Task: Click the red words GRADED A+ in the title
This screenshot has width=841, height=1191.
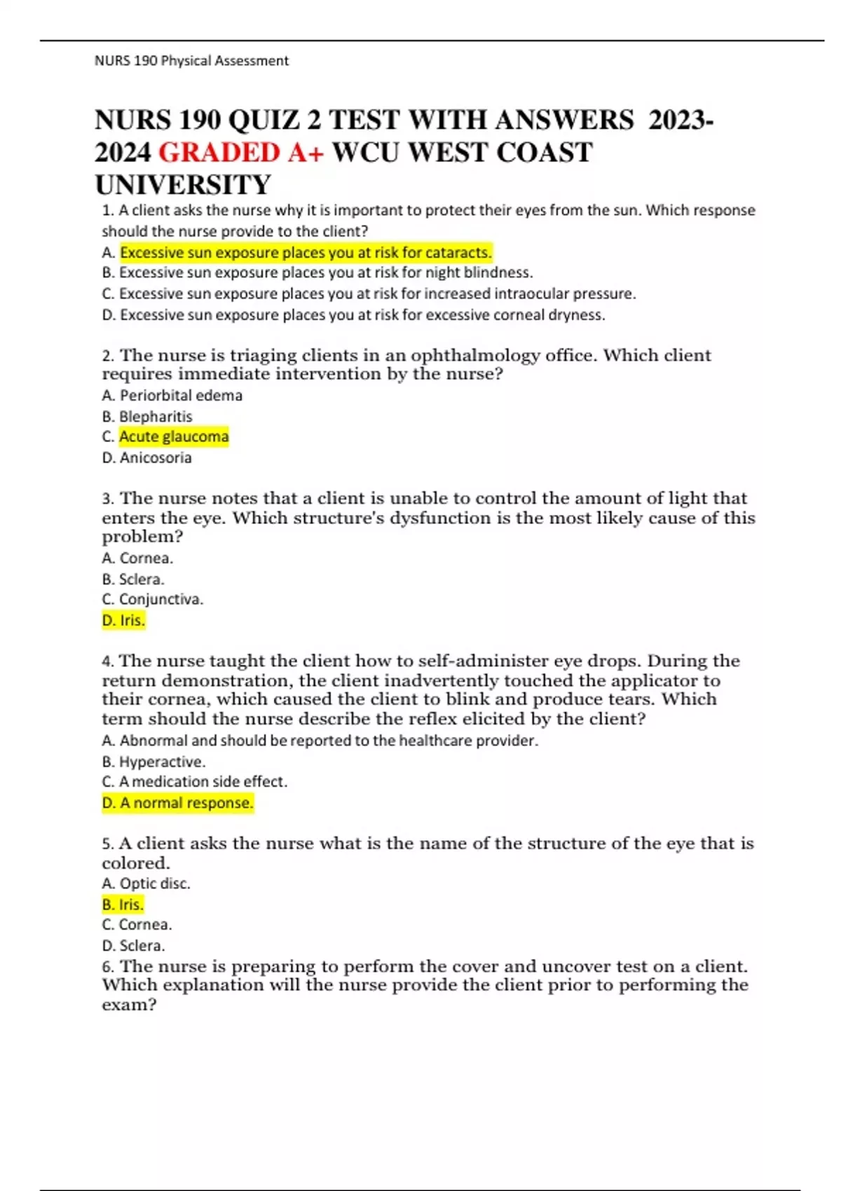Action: (x=241, y=153)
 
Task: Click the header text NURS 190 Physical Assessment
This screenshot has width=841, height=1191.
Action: (x=191, y=61)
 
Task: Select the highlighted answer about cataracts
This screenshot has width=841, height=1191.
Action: (x=306, y=252)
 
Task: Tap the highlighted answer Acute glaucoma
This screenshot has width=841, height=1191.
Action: (x=174, y=437)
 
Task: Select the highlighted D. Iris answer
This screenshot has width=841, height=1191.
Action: (x=123, y=621)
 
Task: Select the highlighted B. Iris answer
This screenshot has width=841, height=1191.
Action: (x=123, y=904)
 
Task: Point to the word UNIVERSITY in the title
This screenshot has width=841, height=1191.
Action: (x=182, y=185)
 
